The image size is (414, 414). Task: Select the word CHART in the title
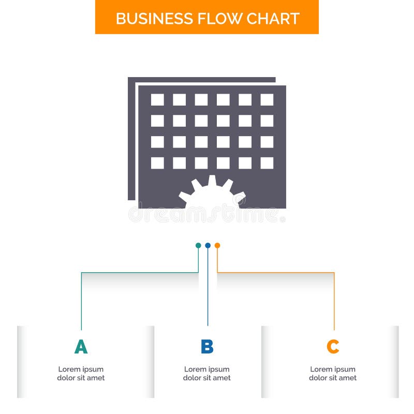click(272, 19)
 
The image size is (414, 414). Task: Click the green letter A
click(81, 347)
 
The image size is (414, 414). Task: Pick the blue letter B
click(207, 347)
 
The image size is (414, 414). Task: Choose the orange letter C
click(333, 347)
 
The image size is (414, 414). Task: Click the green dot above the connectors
click(198, 245)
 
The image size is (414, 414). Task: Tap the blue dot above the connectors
click(208, 245)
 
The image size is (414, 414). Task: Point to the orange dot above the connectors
click(217, 245)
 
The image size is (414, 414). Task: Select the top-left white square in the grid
click(157, 100)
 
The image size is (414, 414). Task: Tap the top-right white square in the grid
click(267, 100)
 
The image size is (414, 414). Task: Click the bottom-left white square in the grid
click(157, 163)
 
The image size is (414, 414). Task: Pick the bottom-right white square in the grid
click(267, 163)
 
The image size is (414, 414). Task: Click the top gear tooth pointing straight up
click(212, 180)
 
